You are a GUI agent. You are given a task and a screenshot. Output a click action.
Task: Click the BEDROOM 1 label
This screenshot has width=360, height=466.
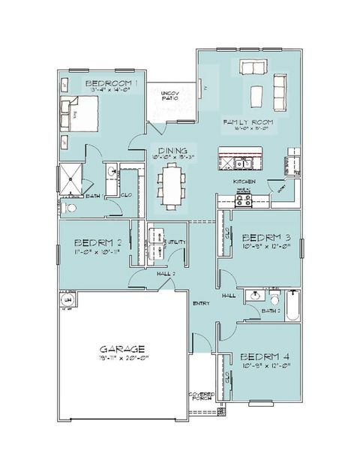(x=111, y=83)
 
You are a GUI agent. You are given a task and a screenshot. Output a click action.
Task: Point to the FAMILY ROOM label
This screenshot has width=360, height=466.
(x=247, y=122)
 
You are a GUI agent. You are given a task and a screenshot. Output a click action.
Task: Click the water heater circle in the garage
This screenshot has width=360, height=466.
(x=66, y=300)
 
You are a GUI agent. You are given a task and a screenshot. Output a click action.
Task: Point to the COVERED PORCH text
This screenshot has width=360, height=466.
(x=201, y=396)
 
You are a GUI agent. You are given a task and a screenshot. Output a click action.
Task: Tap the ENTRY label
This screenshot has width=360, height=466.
(x=201, y=303)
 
